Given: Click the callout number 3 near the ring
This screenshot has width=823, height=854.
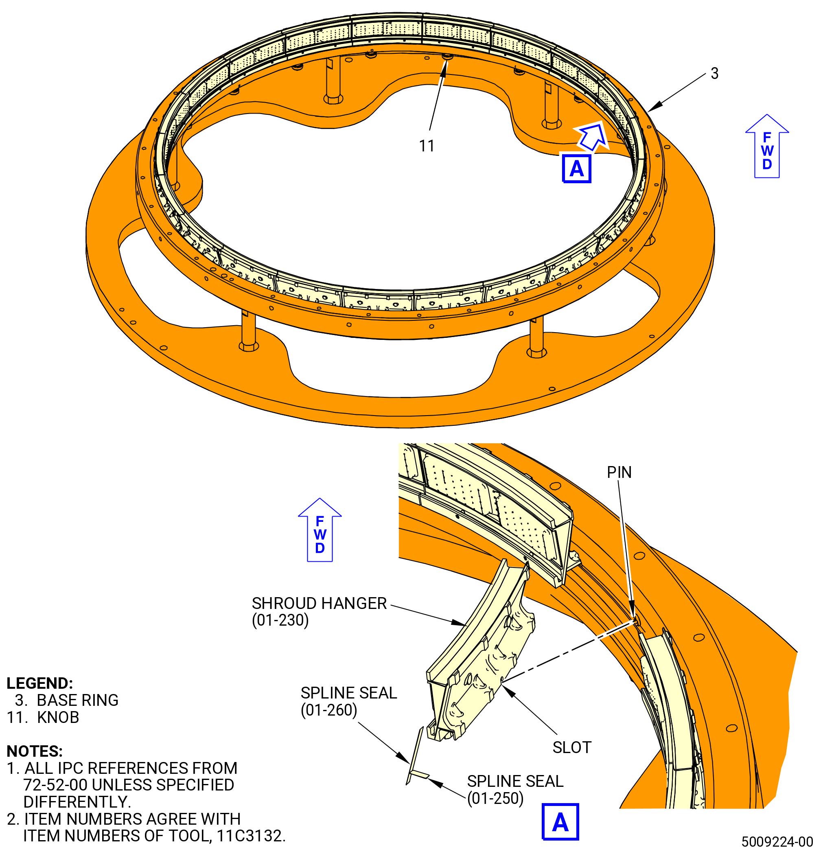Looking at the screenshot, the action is pyautogui.click(x=714, y=73).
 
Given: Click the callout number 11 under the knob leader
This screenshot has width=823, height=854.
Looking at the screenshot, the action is pyautogui.click(x=427, y=146).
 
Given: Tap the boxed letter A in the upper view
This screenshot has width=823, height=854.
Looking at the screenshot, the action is pyautogui.click(x=576, y=168).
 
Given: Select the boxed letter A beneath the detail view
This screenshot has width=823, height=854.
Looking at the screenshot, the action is pyautogui.click(x=560, y=822).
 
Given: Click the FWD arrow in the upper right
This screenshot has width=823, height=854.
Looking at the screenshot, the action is pyautogui.click(x=767, y=146).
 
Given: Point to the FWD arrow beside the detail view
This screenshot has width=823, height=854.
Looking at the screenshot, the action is pyautogui.click(x=320, y=530).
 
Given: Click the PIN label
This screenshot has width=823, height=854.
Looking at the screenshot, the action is pyautogui.click(x=619, y=472).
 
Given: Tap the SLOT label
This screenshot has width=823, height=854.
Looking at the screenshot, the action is pyautogui.click(x=572, y=748).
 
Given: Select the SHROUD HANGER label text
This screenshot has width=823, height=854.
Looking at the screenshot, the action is pyautogui.click(x=320, y=604).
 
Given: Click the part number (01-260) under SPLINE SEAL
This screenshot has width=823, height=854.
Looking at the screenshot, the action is pyautogui.click(x=329, y=710).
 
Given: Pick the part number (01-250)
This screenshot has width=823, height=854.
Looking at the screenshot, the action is pyautogui.click(x=495, y=799).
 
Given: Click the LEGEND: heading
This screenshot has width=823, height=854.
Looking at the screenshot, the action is pyautogui.click(x=39, y=683).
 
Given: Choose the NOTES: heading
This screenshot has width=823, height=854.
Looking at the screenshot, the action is pyautogui.click(x=35, y=751).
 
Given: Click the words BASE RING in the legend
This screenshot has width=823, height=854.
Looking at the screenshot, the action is pyautogui.click(x=78, y=700).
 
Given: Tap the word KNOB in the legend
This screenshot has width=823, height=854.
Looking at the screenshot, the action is pyautogui.click(x=58, y=717).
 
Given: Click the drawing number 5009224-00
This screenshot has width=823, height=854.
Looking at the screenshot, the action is pyautogui.click(x=777, y=841).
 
